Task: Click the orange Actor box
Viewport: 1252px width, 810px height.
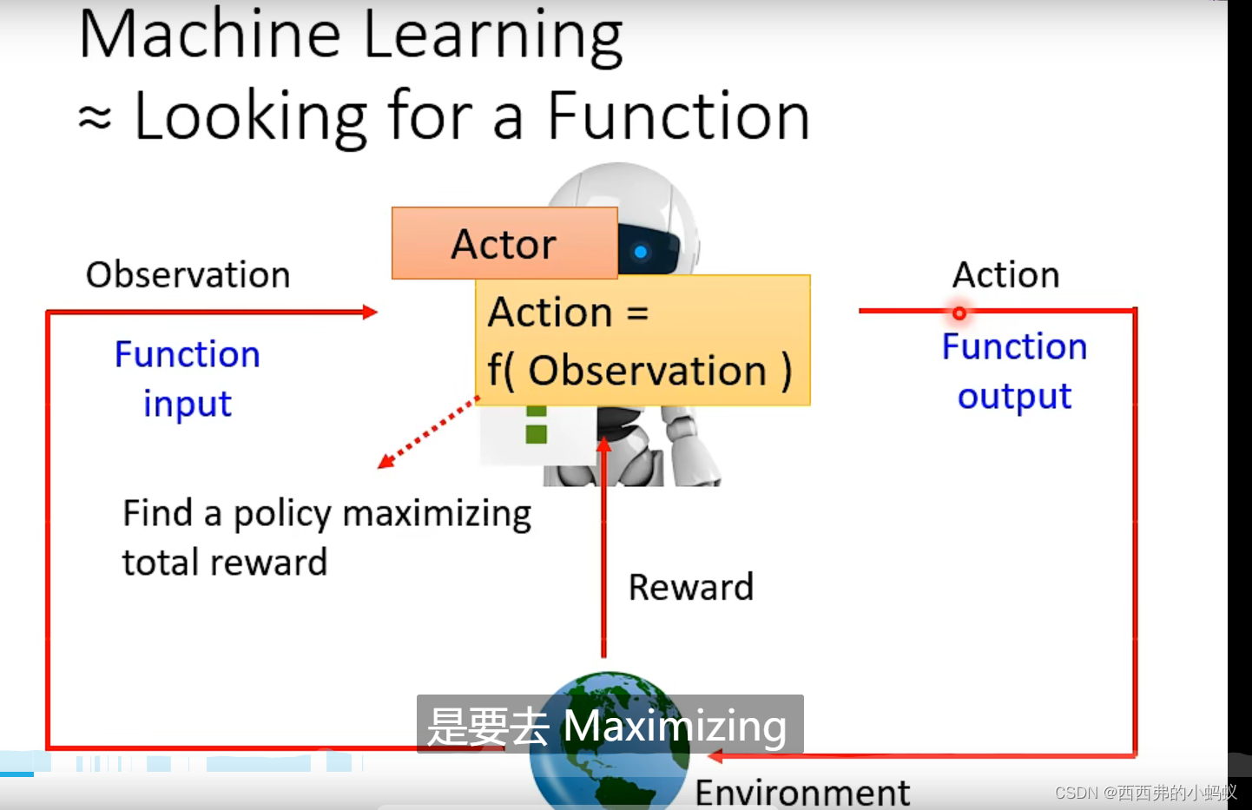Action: (504, 243)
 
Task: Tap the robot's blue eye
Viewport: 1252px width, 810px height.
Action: (641, 252)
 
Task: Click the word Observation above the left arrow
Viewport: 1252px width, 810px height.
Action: (188, 274)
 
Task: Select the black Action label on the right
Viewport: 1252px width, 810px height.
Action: (1006, 274)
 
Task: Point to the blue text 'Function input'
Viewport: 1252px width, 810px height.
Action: (188, 379)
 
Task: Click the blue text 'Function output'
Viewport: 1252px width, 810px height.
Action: (1014, 372)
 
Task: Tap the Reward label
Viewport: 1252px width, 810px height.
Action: (691, 587)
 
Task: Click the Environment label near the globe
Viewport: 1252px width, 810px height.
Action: (802, 793)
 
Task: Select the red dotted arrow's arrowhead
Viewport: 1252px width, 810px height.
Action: (386, 461)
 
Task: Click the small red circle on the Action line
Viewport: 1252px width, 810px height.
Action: (959, 313)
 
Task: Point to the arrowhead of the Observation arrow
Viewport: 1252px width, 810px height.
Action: (370, 312)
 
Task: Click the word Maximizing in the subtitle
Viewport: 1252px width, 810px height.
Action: (675, 726)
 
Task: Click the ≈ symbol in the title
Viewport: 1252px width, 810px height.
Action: (95, 118)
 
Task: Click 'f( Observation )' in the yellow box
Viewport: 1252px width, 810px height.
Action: (640, 370)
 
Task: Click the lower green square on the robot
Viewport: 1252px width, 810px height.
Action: (537, 434)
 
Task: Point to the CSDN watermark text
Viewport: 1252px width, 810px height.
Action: (1146, 793)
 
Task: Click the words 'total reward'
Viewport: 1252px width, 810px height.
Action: (225, 563)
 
